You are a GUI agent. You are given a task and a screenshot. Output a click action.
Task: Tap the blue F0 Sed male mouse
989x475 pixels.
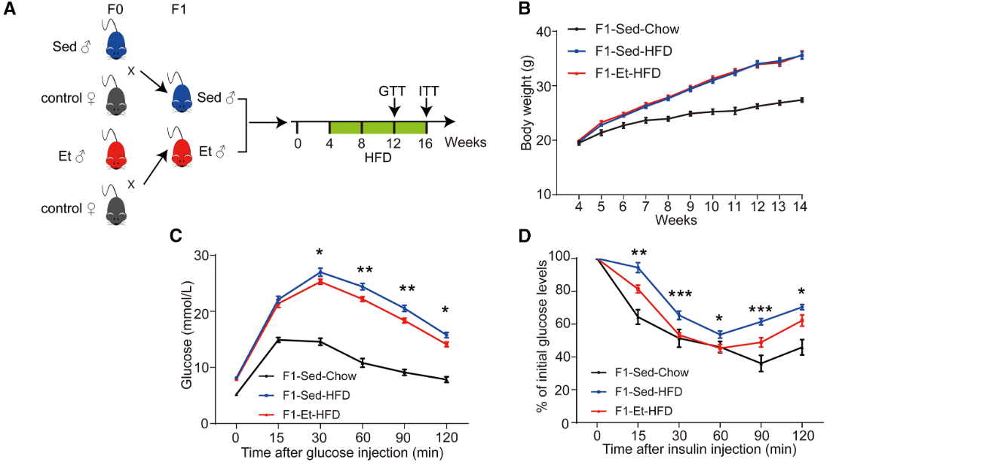coord(116,46)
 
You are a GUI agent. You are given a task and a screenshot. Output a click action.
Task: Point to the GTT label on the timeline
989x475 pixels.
coord(393,90)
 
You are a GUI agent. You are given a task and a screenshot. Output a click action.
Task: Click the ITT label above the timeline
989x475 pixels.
coord(428,90)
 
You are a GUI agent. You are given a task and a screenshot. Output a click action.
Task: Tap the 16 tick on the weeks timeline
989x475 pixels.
coord(425,142)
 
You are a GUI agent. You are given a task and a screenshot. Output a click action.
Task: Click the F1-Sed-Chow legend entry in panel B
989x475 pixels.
coord(636,30)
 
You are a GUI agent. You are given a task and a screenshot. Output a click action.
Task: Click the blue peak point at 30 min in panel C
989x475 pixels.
coord(320,272)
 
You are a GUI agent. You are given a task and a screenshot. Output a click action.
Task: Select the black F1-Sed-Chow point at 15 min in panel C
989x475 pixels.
coord(278,340)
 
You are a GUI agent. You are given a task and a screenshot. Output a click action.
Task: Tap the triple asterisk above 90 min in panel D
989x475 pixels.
coord(761,310)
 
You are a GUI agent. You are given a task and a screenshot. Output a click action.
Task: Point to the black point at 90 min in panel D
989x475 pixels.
coord(761,363)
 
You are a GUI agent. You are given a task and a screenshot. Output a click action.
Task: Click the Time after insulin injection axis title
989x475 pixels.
coord(699,450)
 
